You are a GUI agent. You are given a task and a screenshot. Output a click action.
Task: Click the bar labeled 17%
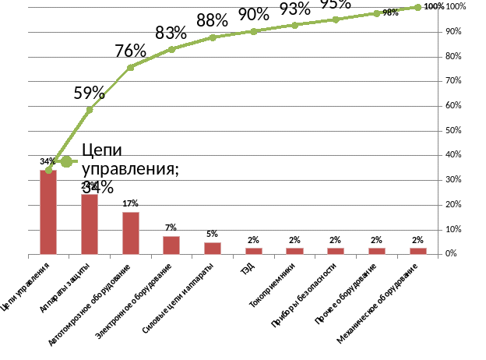130,233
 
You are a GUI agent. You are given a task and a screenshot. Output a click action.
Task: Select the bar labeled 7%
171,245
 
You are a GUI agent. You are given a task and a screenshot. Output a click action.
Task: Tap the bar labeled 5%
213,248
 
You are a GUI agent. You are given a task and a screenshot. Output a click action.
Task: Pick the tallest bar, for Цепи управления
48,211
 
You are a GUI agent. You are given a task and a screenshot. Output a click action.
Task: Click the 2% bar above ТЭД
254,250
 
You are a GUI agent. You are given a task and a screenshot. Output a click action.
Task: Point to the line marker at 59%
90,110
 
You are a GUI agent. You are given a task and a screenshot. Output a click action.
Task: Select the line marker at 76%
130,68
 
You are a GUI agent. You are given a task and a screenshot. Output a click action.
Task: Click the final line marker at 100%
418,7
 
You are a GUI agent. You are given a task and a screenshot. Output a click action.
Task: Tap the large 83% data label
171,33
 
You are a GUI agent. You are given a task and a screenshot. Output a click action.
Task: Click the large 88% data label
212,20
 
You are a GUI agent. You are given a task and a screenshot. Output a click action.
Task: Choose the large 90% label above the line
253,14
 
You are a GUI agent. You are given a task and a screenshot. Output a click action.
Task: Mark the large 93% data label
294,9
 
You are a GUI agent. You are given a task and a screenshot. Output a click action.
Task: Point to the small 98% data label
390,12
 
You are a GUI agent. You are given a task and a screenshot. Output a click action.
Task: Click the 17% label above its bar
130,203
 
